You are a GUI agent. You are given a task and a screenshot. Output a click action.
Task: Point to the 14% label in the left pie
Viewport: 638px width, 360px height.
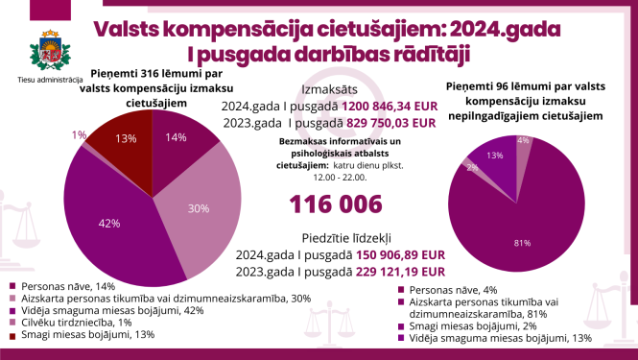click(176, 137)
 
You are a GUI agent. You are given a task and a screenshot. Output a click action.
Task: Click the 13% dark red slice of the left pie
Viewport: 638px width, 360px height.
click(126, 137)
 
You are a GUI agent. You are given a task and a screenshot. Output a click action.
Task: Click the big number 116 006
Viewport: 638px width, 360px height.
click(336, 203)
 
